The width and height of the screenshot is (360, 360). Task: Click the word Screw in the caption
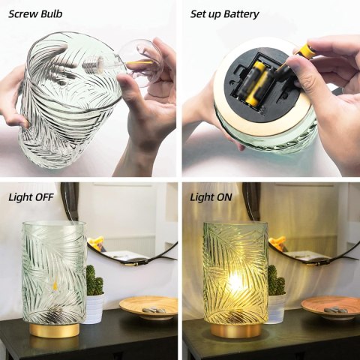(24, 13)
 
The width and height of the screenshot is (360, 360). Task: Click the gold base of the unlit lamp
(54, 328)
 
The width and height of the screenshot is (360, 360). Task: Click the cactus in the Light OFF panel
(94, 281)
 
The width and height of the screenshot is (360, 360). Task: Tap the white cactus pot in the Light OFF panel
(94, 307)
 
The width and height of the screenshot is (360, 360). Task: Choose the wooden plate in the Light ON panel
(330, 306)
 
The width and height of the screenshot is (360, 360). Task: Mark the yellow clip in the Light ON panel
(278, 242)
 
